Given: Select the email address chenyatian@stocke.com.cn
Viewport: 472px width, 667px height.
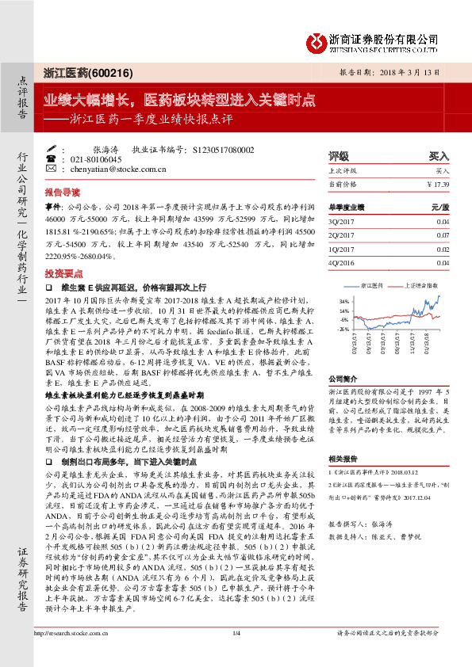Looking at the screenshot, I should click(117, 169).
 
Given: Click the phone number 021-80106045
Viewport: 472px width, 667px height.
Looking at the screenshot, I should click(94, 159).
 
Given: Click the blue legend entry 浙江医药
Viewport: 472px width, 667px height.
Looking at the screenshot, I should click(372, 284).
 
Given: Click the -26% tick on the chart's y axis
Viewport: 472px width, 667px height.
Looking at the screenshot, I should click(343, 328).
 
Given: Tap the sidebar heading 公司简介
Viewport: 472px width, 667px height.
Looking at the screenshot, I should click(343, 379).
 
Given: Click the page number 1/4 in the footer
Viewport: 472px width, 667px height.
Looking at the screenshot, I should click(236, 655).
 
